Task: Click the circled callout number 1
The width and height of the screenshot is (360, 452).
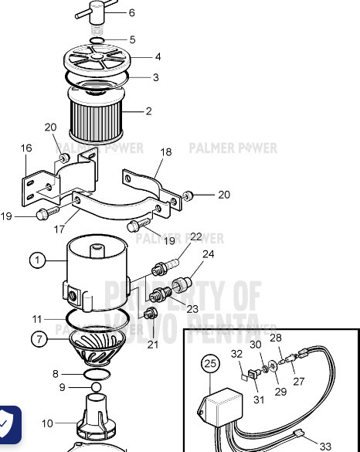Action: tap(37, 260)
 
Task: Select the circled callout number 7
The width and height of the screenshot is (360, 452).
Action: tap(37, 338)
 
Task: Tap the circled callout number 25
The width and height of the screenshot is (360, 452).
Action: tap(209, 362)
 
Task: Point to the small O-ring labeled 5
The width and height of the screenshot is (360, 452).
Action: tap(96, 39)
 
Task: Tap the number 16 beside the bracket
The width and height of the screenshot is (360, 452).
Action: tap(26, 148)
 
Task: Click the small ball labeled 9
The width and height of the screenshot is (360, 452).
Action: tap(96, 386)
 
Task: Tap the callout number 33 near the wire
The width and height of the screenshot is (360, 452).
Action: tap(325, 446)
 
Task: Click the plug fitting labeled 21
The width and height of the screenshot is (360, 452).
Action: tap(151, 314)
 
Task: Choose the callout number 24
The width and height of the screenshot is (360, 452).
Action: tap(209, 253)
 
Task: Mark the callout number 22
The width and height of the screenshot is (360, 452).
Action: tap(195, 237)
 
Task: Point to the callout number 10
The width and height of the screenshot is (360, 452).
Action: tap(47, 423)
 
